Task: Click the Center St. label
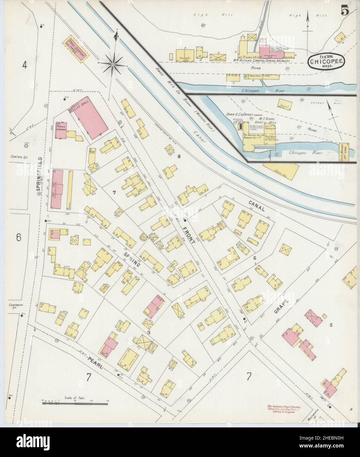coord(19,157)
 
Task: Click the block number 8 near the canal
coord(179,156)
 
